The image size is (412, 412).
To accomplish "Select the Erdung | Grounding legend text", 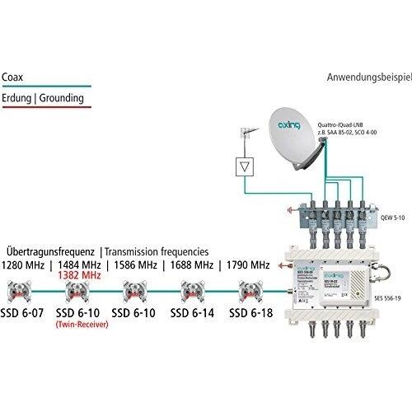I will pos(45,96).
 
